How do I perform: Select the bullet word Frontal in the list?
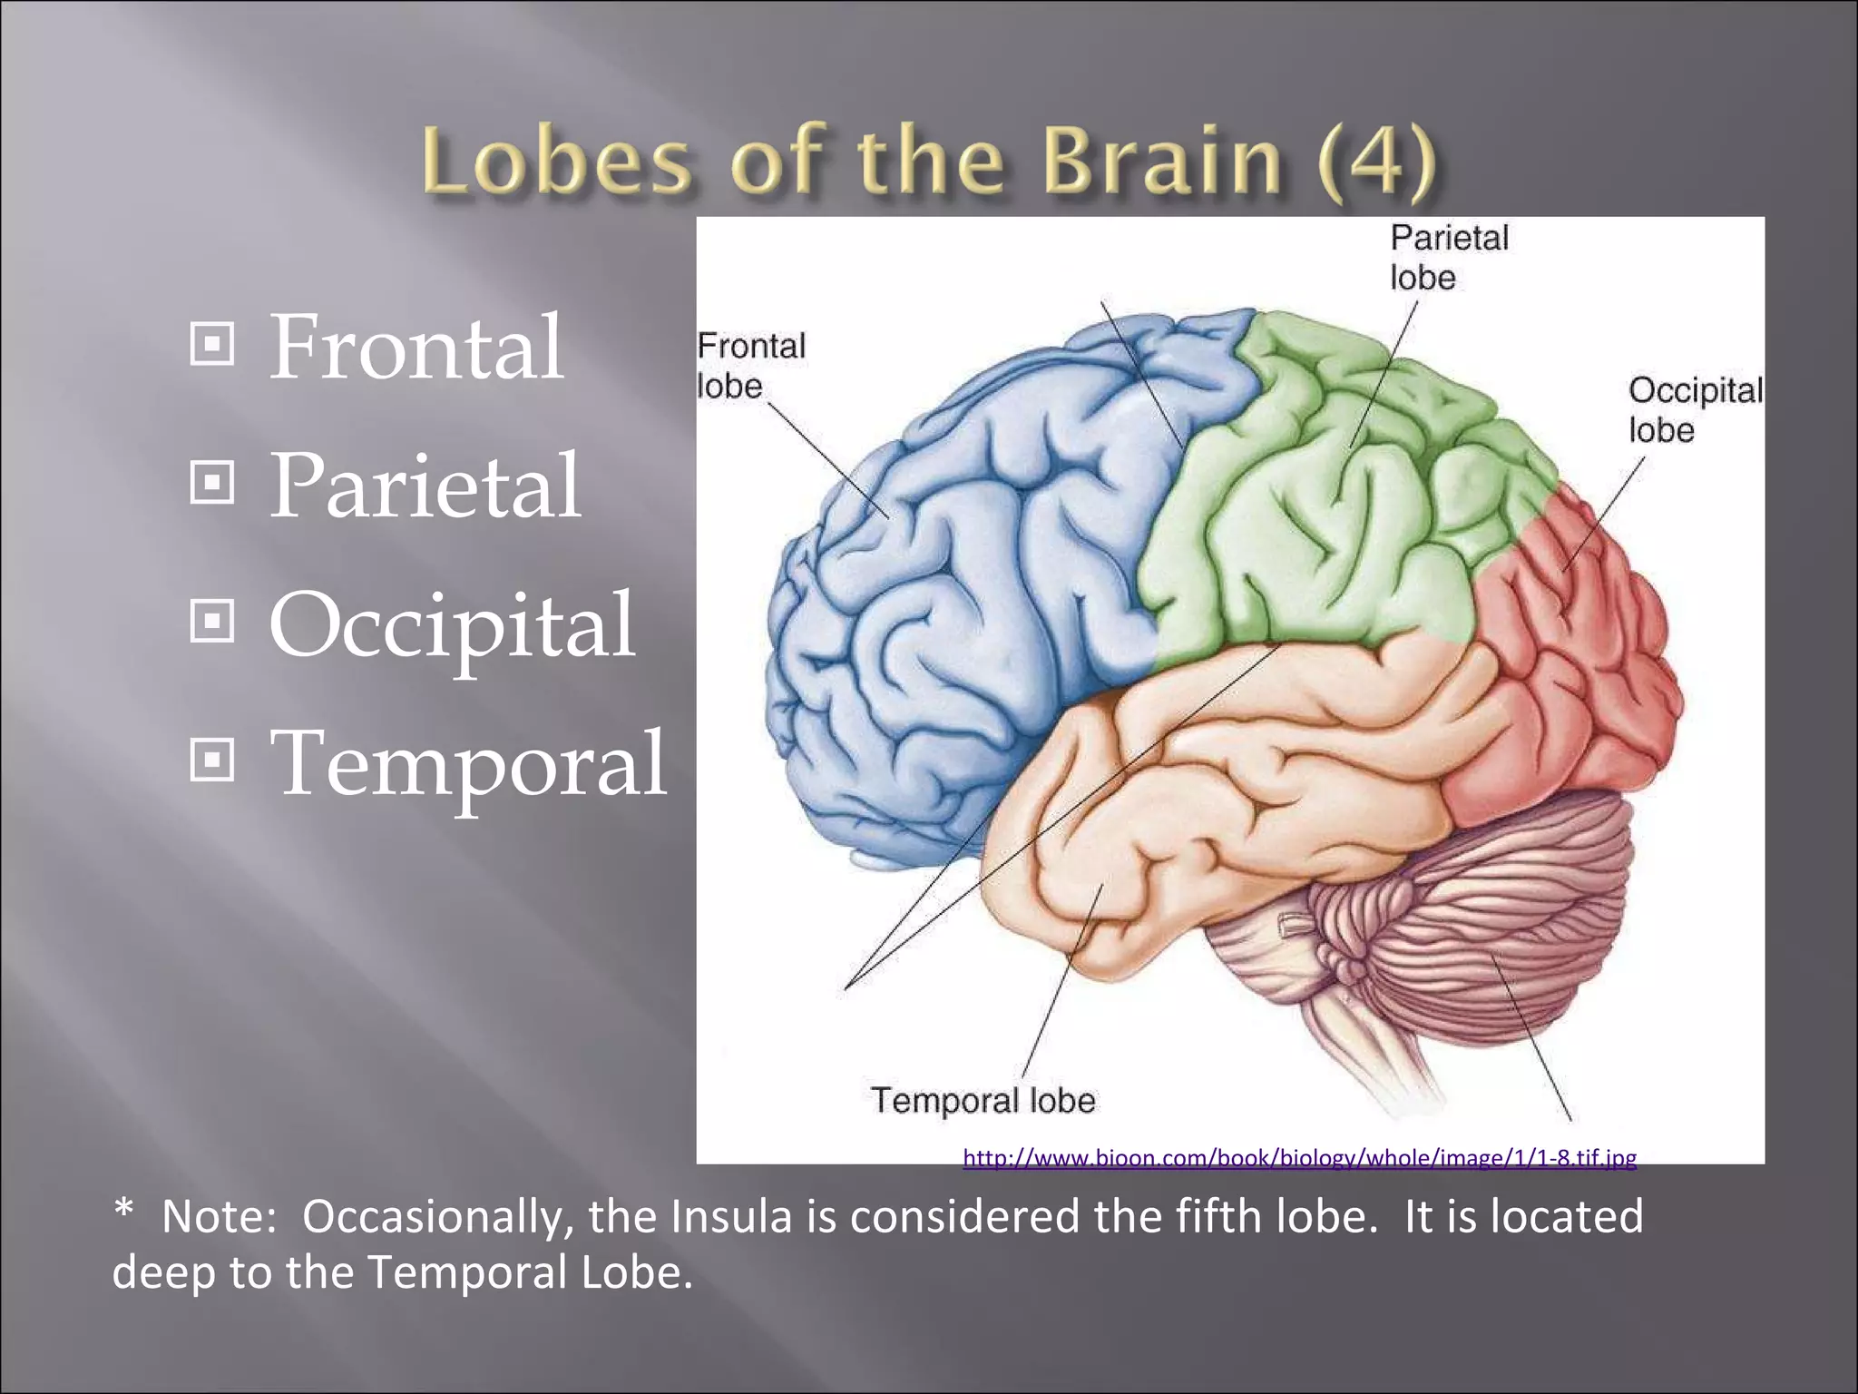(x=416, y=347)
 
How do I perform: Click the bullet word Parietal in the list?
(x=425, y=486)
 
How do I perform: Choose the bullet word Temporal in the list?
(x=468, y=765)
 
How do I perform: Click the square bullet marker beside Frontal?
(x=212, y=344)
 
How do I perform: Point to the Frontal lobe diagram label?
(x=750, y=366)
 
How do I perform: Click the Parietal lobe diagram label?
(x=1449, y=258)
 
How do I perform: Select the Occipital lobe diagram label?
(x=1695, y=409)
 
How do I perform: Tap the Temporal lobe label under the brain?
(x=983, y=1101)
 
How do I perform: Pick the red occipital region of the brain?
(x=1560, y=672)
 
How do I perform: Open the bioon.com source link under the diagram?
(x=1299, y=1158)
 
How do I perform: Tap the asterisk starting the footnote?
(x=124, y=1212)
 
